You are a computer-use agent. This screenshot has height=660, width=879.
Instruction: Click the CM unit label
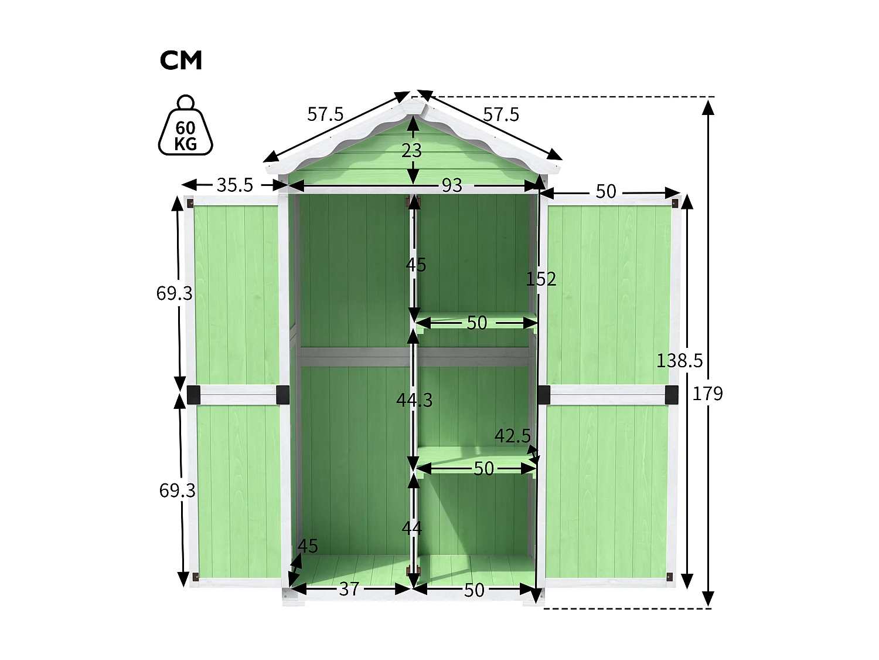[x=180, y=60]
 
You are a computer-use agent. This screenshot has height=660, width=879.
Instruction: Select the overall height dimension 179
[x=707, y=394]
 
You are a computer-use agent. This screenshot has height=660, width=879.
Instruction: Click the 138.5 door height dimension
[x=679, y=360]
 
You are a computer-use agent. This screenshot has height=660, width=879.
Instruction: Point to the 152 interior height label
[x=540, y=279]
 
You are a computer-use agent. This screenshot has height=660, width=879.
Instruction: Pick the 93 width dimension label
[x=452, y=185]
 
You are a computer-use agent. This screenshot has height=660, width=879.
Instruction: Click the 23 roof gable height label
[x=412, y=151]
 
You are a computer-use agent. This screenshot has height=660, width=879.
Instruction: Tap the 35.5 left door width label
[x=234, y=185]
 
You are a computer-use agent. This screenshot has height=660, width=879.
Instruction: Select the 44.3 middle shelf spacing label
[x=414, y=400]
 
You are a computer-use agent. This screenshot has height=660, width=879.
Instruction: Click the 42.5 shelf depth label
[x=512, y=436]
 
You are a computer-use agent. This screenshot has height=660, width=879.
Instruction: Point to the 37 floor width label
[x=349, y=588]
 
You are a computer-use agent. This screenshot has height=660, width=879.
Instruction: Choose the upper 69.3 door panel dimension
[x=174, y=293]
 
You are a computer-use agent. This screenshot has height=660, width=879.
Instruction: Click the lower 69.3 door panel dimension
[x=177, y=490]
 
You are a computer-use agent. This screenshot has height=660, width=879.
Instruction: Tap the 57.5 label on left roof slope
[x=325, y=114]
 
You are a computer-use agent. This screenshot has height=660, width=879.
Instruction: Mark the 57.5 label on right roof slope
[x=501, y=114]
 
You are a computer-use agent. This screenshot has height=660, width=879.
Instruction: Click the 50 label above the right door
[x=606, y=191]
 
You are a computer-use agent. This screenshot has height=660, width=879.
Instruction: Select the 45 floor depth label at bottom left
[x=308, y=546]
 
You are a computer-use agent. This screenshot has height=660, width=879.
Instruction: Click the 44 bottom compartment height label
[x=412, y=529]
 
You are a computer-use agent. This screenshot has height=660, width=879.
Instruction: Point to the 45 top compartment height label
[x=416, y=265]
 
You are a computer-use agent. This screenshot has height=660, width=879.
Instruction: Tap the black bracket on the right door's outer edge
[x=672, y=394]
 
